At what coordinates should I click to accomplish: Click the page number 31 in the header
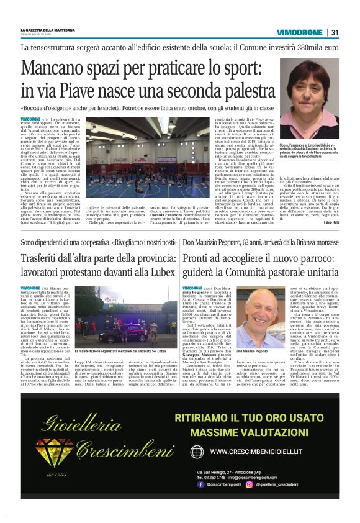pos(335,32)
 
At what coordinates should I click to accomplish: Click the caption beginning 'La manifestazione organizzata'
pos(125,351)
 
